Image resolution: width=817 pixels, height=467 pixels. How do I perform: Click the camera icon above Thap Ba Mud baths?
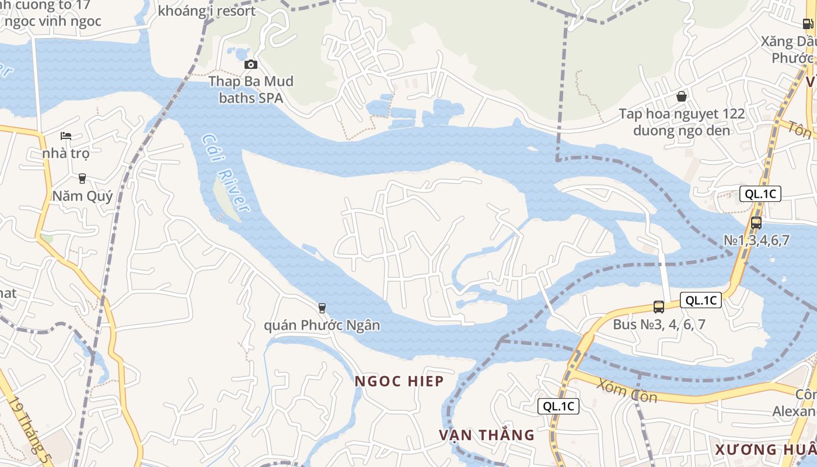pyautogui.click(x=250, y=64)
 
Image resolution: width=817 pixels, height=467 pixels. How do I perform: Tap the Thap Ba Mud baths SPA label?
pyautogui.click(x=251, y=89)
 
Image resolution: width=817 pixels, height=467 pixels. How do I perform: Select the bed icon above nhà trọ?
pyautogui.click(x=66, y=136)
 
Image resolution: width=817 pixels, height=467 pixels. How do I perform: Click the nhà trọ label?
pyautogui.click(x=66, y=154)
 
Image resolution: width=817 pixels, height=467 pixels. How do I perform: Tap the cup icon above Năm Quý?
pyautogui.click(x=82, y=178)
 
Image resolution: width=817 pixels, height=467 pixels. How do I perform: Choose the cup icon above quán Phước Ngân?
pyautogui.click(x=322, y=308)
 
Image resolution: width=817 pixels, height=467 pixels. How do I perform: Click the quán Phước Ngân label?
pyautogui.click(x=322, y=325)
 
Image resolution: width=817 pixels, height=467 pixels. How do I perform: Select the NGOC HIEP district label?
pyautogui.click(x=400, y=381)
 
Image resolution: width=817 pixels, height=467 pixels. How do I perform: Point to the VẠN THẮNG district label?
pyautogui.click(x=487, y=435)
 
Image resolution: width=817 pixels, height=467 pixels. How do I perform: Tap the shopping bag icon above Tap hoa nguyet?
pyautogui.click(x=681, y=96)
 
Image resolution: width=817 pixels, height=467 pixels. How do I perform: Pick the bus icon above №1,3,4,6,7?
pyautogui.click(x=756, y=222)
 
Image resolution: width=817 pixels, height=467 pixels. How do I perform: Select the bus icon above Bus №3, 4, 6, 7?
pyautogui.click(x=659, y=306)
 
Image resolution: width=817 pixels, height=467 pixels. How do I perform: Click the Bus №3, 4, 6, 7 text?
pyautogui.click(x=659, y=324)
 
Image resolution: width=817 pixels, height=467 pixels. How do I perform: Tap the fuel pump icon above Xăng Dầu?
pyautogui.click(x=808, y=24)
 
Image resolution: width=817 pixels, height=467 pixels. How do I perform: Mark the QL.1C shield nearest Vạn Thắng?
pyautogui.click(x=558, y=406)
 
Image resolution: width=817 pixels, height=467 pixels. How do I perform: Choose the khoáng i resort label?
pyautogui.click(x=207, y=11)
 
